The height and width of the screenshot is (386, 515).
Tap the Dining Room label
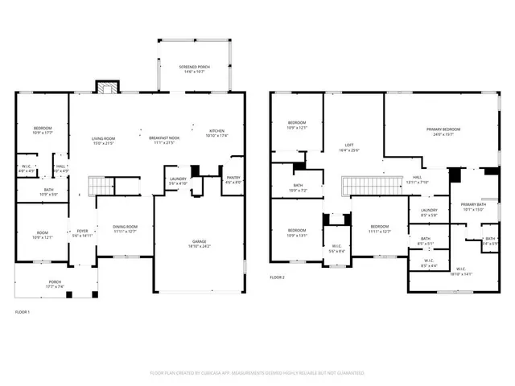pyautogui.click(x=125, y=229)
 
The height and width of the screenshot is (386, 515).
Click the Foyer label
pyautogui.click(x=81, y=233)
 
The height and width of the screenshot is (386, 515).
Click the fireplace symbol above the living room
pyautogui.click(x=106, y=86)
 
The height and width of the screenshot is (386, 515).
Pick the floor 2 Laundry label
pyautogui.click(x=429, y=212)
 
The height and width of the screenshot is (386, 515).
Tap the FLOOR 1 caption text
pyautogui.click(x=23, y=311)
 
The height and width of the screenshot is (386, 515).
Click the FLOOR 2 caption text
pyautogui.click(x=277, y=277)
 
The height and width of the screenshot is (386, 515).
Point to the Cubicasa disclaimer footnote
pyautogui.click(x=257, y=373)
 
